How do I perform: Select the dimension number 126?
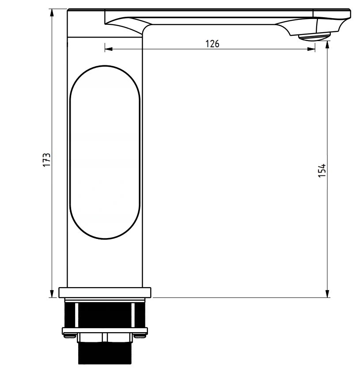pyautogui.click(x=212, y=43)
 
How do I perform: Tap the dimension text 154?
pyautogui.click(x=322, y=170)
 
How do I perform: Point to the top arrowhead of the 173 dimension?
pyautogui.click(x=53, y=12)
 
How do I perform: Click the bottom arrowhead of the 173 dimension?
pyautogui.click(x=53, y=293)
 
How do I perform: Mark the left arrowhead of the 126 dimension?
pyautogui.click(x=109, y=49)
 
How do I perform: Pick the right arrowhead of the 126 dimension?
pyautogui.click(x=311, y=49)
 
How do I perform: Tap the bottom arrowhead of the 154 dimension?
pyautogui.click(x=327, y=293)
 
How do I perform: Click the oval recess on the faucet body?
pyautogui.click(x=105, y=152)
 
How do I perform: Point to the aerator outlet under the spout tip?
pyautogui.click(x=315, y=37)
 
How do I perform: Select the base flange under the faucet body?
pyautogui.click(x=105, y=292)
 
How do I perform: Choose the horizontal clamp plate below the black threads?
pyautogui.click(x=105, y=330)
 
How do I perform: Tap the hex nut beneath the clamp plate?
pyautogui.click(x=105, y=338)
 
